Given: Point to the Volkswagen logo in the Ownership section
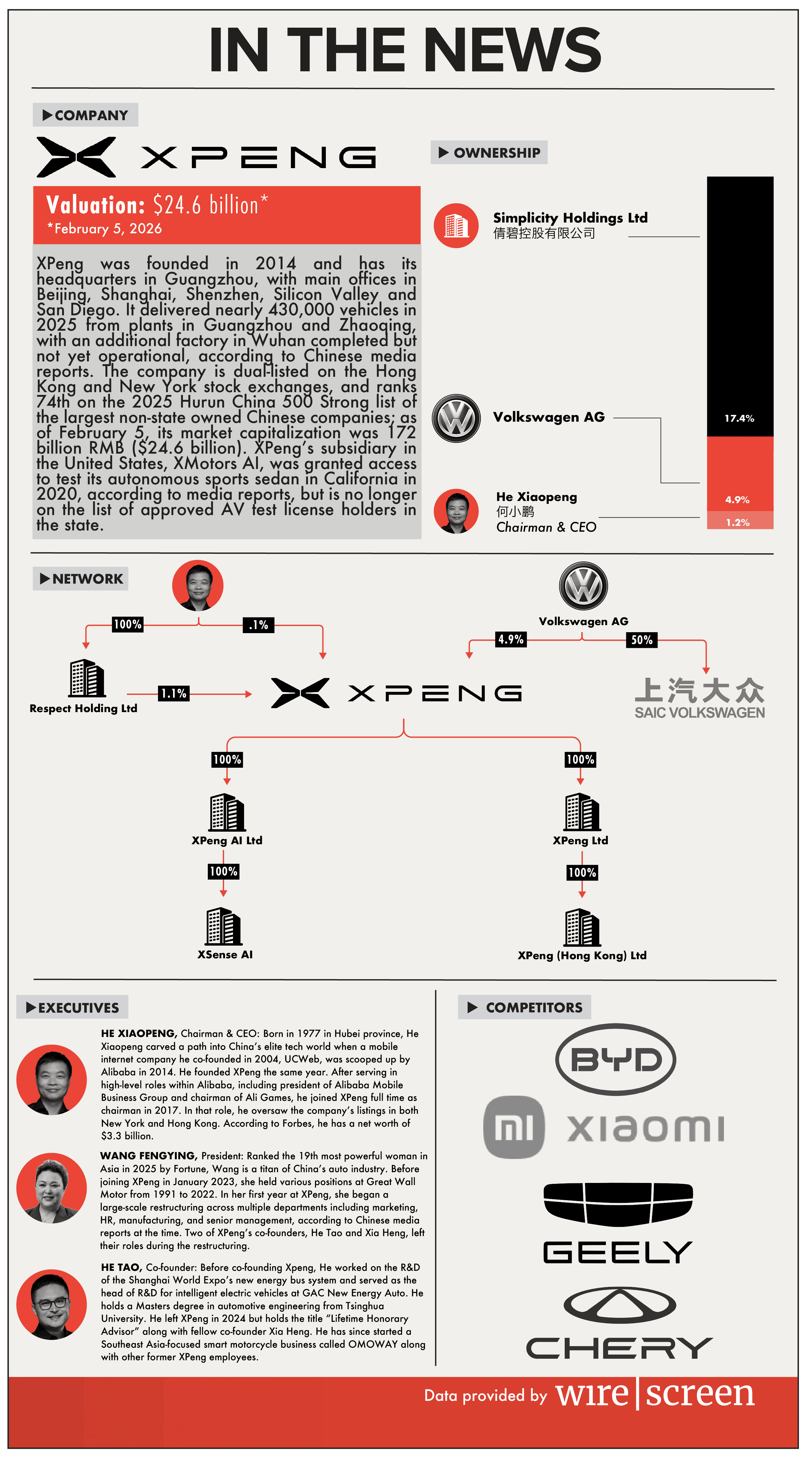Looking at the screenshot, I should [x=456, y=418].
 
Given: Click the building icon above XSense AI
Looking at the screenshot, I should [x=224, y=927].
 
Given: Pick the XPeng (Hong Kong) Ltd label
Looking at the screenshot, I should [x=582, y=956].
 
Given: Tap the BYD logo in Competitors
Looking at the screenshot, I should [x=616, y=1059].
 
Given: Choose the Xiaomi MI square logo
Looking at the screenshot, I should [x=514, y=1127].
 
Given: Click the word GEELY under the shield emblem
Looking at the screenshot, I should [x=618, y=1252].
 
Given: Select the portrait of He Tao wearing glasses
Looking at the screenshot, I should [x=52, y=1305].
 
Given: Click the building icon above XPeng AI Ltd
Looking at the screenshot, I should [x=227, y=812].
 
